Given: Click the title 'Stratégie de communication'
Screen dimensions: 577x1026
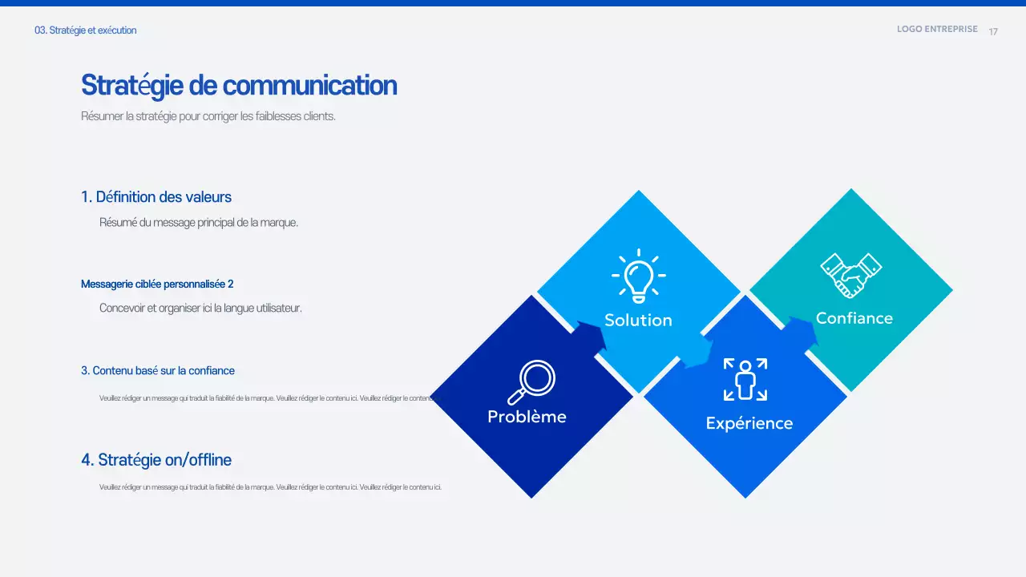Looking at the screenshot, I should coord(238,85).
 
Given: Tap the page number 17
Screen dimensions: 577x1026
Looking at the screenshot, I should coord(993,31).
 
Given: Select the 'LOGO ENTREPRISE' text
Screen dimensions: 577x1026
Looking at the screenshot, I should coord(937,29).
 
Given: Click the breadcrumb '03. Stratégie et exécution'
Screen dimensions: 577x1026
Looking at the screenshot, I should coord(86,30).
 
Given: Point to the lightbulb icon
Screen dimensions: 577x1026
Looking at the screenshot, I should coord(638,276).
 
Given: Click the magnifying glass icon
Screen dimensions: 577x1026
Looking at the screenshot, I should coord(532,382).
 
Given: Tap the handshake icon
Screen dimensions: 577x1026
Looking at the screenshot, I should coord(850,276).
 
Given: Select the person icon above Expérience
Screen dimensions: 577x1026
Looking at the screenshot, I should coord(745,379).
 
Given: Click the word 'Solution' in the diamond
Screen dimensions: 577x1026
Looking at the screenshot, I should coord(638,320).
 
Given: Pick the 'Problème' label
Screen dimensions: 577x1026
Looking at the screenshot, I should coord(527,417).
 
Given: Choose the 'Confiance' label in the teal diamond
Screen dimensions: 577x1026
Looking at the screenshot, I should coord(854,318).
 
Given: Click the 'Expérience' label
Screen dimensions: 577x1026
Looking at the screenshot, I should coord(749,423).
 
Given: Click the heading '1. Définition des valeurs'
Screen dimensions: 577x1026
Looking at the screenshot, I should coord(156,197).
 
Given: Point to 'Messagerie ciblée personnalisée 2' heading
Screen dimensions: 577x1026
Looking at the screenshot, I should coord(157,284).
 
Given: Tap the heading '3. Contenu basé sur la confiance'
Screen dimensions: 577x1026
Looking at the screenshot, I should coord(158,370).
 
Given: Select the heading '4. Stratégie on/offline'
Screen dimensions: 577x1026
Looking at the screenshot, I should coord(156,460).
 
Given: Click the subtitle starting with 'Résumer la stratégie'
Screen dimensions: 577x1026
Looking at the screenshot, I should coord(208,116).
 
